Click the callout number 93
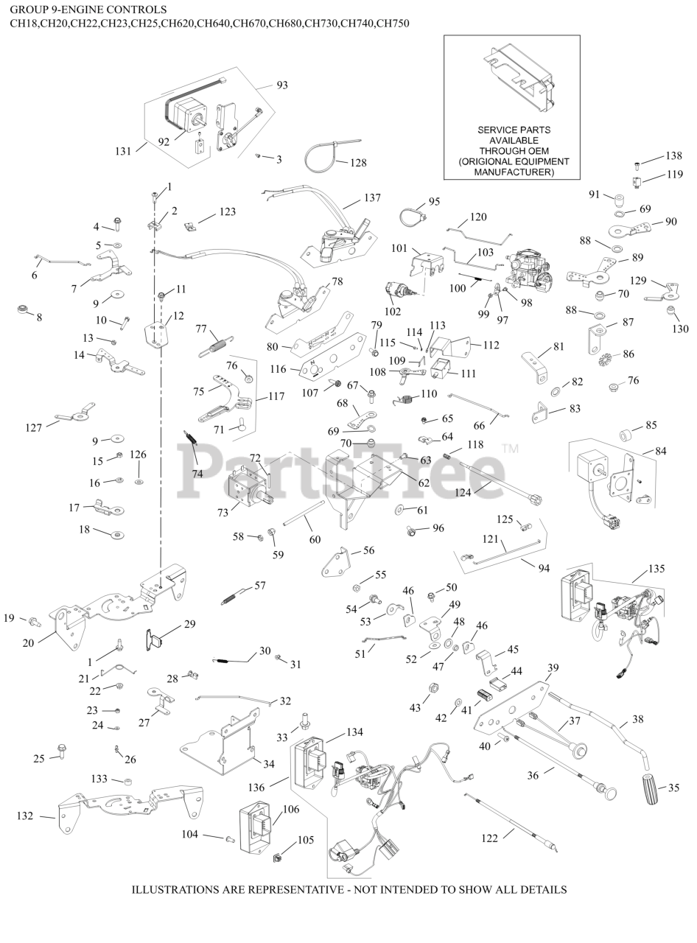click(282, 85)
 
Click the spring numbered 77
click(214, 343)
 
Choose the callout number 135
click(656, 569)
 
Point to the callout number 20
click(29, 642)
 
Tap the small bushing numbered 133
click(127, 781)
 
